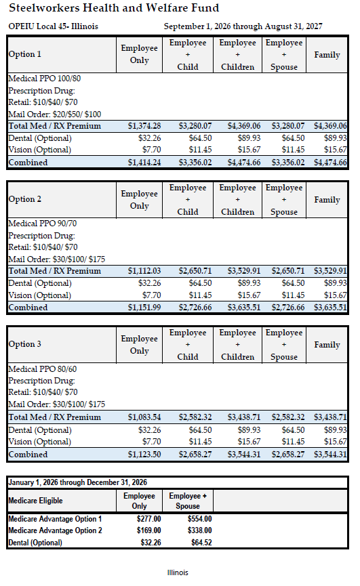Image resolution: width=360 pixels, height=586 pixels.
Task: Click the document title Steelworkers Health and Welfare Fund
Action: (x=114, y=8)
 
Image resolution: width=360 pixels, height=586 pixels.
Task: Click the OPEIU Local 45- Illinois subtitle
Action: (x=54, y=26)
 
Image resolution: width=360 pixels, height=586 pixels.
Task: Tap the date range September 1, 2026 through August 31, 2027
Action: (x=243, y=26)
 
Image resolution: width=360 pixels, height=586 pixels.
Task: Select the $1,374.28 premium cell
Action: (x=144, y=126)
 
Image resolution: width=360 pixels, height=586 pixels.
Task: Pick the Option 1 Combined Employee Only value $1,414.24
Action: (x=144, y=163)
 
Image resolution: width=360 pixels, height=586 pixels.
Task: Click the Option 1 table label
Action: (x=25, y=54)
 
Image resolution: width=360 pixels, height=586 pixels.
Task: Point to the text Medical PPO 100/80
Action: (x=45, y=79)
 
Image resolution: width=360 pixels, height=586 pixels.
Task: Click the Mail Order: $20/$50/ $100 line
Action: (x=55, y=114)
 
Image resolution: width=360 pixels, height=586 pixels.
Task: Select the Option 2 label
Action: (x=25, y=199)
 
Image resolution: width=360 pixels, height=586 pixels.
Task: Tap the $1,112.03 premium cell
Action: (x=144, y=271)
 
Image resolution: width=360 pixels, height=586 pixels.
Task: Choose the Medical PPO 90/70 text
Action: (x=43, y=224)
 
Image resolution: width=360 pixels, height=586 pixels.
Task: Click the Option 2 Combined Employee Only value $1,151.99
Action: (x=144, y=308)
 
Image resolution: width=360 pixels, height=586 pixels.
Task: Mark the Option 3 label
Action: (x=25, y=344)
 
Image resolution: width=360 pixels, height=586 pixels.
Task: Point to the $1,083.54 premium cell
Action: (x=144, y=417)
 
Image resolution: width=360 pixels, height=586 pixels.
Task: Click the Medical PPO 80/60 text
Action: (x=43, y=369)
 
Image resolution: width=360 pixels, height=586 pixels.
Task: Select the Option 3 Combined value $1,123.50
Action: (x=144, y=455)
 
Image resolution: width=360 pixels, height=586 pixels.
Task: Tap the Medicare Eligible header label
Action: (x=35, y=501)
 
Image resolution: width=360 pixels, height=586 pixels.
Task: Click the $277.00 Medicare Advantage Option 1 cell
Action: (x=148, y=519)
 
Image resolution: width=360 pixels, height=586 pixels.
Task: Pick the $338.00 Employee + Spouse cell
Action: (x=199, y=530)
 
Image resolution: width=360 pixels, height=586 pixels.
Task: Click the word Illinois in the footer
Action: (x=178, y=572)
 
